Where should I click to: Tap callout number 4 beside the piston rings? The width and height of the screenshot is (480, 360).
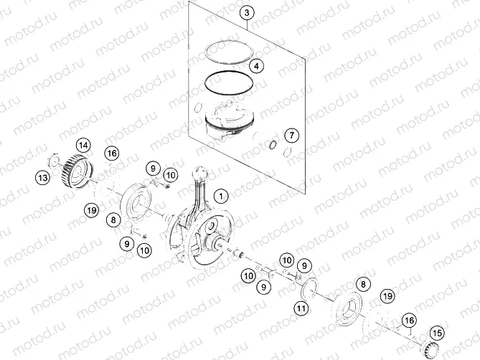pos(256,65)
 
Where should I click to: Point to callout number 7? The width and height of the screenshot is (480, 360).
pos(291,135)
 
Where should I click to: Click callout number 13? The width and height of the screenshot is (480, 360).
pos(44,177)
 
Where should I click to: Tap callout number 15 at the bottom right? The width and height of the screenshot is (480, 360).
pos(436,332)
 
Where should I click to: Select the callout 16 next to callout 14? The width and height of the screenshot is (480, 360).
pos(112,153)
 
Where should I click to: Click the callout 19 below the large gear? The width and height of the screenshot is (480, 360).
pos(90,210)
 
